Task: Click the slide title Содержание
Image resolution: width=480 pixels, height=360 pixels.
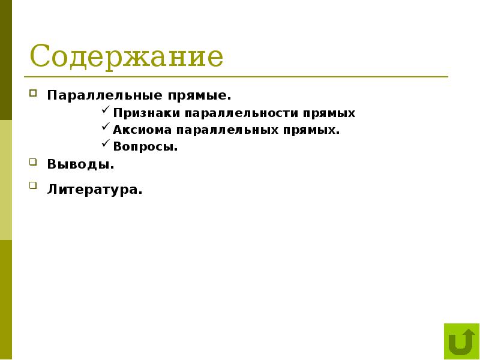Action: pos(127,57)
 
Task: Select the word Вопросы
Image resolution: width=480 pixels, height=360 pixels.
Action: pos(145,146)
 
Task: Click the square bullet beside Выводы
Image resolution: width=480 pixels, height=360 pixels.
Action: pos(33,161)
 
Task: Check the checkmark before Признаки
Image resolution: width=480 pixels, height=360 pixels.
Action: pos(106,111)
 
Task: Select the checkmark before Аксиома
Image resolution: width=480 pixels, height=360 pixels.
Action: pos(106,128)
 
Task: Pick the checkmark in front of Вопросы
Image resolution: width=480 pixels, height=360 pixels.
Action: pos(106,145)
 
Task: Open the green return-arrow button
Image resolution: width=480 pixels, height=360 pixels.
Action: pos(461,341)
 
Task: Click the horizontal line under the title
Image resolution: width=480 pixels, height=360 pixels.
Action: pos(236,77)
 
